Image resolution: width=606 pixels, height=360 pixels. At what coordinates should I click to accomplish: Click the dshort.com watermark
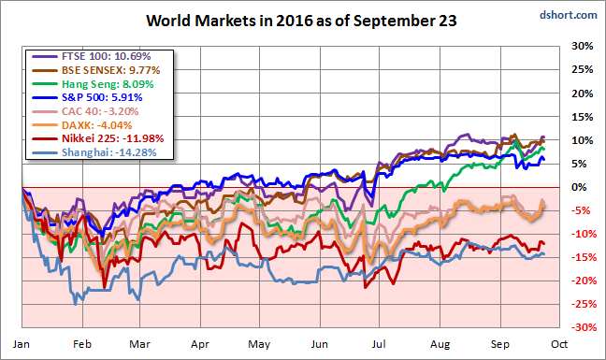(569, 15)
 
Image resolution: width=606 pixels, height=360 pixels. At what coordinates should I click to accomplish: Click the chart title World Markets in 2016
(301, 21)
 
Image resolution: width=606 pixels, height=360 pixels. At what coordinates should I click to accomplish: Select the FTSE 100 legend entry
(92, 56)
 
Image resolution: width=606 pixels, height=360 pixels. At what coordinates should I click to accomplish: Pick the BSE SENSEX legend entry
(95, 70)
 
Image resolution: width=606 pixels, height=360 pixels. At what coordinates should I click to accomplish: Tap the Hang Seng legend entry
(93, 84)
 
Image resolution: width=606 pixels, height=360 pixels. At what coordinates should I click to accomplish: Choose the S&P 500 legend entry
(87, 97)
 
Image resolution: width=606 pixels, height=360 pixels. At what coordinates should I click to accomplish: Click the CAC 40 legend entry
(85, 111)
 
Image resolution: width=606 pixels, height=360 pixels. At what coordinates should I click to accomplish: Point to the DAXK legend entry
(82, 125)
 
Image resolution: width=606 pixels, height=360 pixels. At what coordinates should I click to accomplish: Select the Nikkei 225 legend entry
(98, 138)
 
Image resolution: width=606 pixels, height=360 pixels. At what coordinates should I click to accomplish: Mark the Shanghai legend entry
(94, 152)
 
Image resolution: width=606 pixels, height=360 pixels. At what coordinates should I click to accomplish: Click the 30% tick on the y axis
(582, 46)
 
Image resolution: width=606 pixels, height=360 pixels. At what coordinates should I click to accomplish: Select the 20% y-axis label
(582, 94)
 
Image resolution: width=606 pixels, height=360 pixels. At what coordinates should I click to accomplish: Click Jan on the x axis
(21, 344)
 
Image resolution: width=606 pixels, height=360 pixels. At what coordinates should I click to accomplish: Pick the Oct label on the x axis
(559, 344)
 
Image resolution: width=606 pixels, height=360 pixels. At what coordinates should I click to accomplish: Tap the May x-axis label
(259, 344)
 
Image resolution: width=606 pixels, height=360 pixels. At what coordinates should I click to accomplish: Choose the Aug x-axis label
(440, 344)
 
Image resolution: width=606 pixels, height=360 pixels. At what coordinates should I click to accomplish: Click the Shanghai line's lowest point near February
(76, 305)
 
